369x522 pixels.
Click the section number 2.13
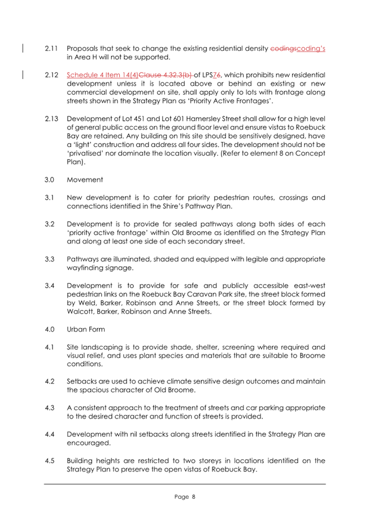(51, 119)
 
